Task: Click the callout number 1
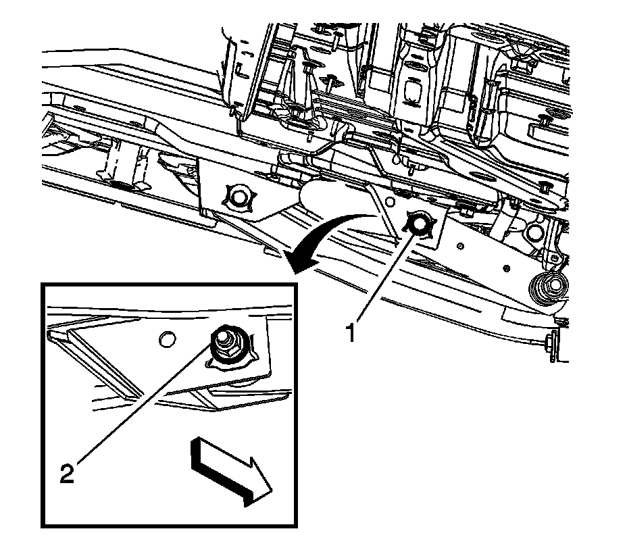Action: click(x=351, y=333)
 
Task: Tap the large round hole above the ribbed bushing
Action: click(x=534, y=232)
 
